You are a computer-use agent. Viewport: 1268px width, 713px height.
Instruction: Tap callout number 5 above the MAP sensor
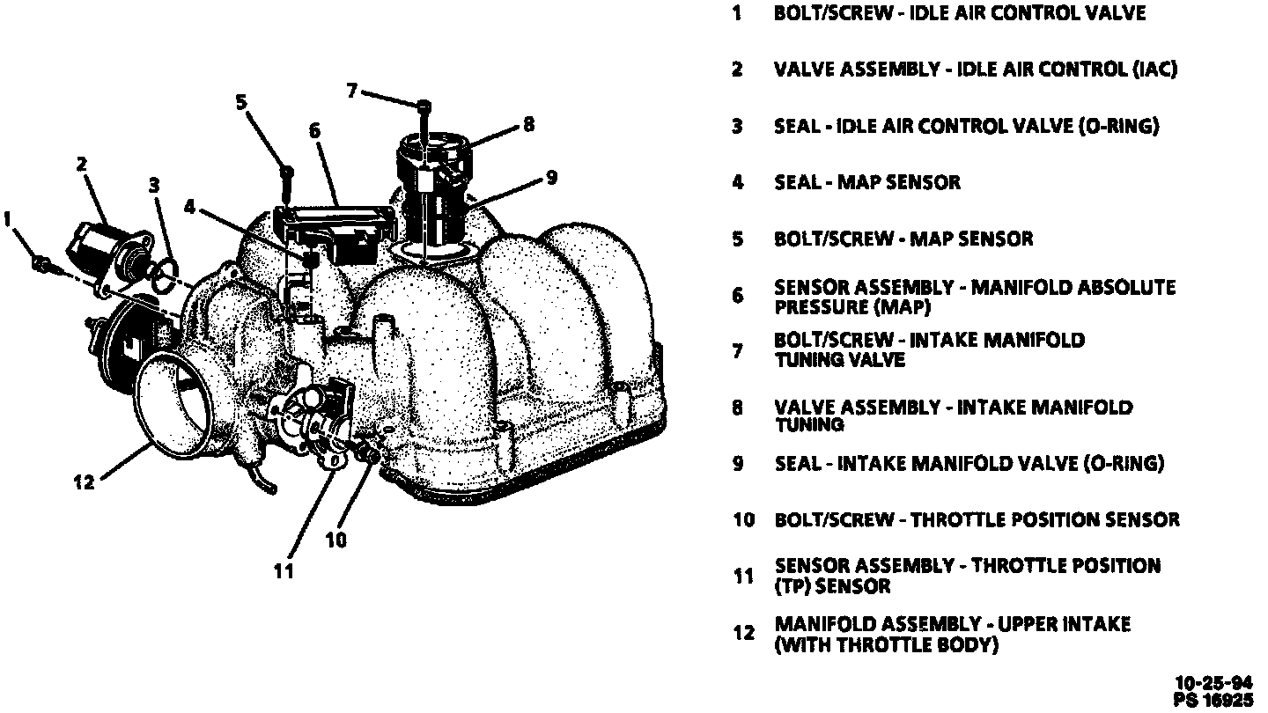click(241, 103)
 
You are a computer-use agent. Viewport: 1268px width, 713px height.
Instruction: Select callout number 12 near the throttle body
click(84, 483)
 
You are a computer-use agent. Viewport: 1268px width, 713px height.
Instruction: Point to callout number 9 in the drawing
click(551, 177)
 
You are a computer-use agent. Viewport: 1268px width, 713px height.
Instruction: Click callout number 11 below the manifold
click(283, 571)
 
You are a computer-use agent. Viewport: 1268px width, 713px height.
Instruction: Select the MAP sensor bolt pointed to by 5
click(286, 173)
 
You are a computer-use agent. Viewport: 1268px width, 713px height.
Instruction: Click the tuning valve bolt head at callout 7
click(424, 106)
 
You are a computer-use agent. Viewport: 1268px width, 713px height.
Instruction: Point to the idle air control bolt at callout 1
click(41, 262)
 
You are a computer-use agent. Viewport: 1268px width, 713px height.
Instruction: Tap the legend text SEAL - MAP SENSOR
click(867, 182)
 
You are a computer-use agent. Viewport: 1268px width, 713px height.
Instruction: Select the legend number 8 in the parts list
click(737, 408)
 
